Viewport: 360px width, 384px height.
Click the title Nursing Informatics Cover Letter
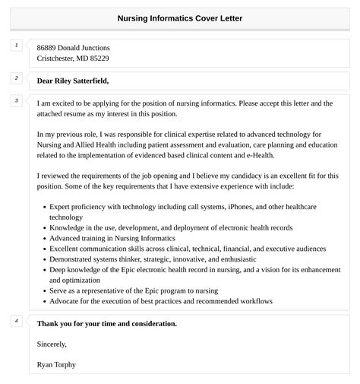pyautogui.click(x=180, y=17)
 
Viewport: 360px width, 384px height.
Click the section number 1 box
pyautogui.click(x=16, y=46)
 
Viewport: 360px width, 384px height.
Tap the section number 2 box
pyautogui.click(x=16, y=78)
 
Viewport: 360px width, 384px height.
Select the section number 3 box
pyautogui.click(x=16, y=100)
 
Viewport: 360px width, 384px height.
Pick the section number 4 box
pyautogui.click(x=16, y=321)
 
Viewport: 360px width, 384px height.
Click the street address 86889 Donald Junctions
pyautogui.click(x=73, y=47)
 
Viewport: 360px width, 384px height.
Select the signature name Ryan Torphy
pyautogui.click(x=56, y=364)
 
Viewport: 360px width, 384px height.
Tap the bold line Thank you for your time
pyautogui.click(x=106, y=323)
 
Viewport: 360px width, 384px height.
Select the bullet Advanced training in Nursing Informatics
pyautogui.click(x=111, y=238)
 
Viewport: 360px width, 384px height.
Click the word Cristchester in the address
pyautogui.click(x=61, y=58)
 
